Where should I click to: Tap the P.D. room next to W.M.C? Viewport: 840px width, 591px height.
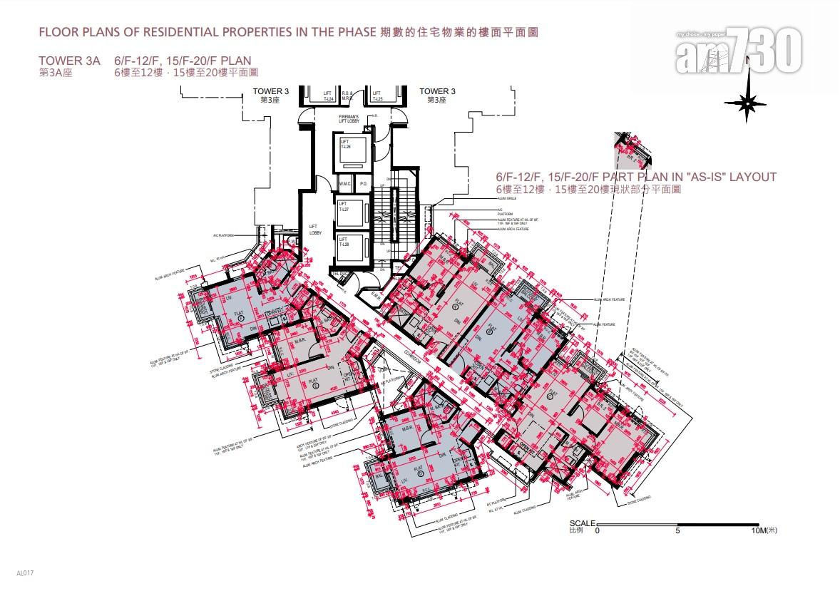coord(362,184)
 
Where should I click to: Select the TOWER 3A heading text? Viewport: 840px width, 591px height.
coord(71,61)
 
